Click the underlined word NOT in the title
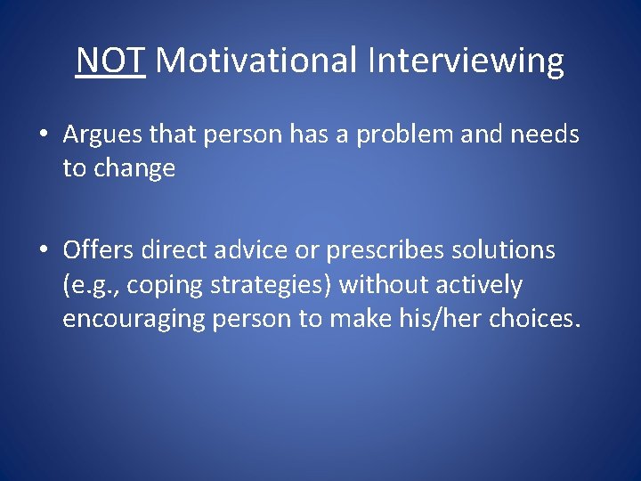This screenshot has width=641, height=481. pyautogui.click(x=110, y=61)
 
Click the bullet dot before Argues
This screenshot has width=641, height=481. pyautogui.click(x=44, y=135)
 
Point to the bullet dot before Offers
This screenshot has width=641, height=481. pyautogui.click(x=44, y=251)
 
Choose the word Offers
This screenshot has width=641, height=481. pyautogui.click(x=100, y=251)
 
